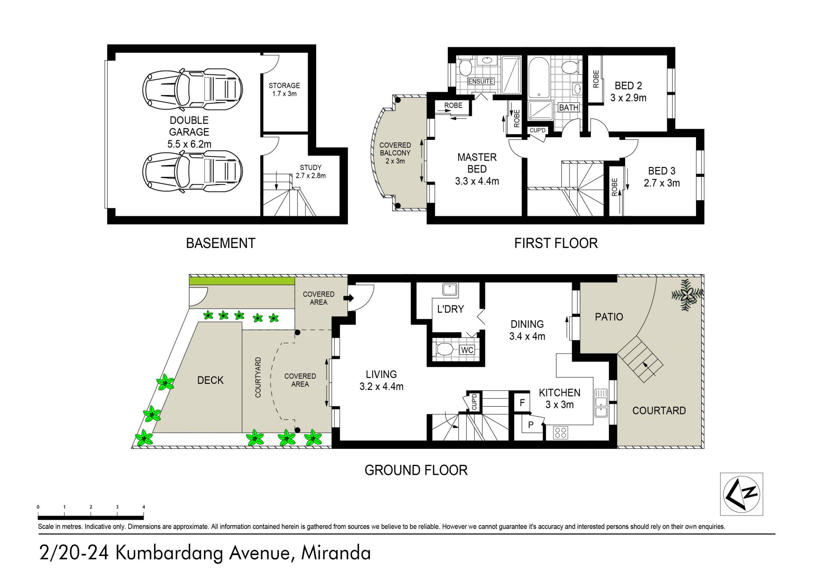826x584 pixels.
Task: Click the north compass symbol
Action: (741, 494)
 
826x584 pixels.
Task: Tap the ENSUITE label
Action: (481, 81)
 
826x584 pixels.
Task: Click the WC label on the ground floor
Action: (467, 350)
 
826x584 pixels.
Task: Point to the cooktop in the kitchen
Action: (561, 432)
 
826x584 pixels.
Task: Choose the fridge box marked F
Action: (522, 403)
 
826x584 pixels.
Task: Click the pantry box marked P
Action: (531, 424)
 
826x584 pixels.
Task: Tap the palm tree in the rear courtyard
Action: (688, 294)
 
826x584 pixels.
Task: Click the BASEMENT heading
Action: (221, 243)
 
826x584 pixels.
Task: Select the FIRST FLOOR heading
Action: (556, 243)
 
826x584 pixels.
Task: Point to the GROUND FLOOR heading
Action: (416, 470)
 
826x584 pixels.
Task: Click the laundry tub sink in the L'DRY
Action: (450, 290)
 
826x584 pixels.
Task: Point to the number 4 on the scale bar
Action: (143, 507)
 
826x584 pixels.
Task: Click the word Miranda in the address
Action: (336, 553)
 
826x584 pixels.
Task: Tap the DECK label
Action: (210, 380)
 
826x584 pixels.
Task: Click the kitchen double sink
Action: (601, 403)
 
